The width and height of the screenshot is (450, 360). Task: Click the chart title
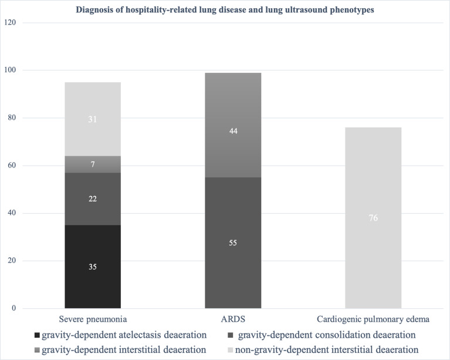[x=225, y=10]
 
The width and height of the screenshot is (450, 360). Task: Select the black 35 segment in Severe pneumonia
[x=93, y=267]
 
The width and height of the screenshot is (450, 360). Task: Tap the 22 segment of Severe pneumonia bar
[x=93, y=199]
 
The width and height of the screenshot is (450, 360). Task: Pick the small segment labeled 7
[x=93, y=164]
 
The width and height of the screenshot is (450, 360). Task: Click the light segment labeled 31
[x=93, y=119]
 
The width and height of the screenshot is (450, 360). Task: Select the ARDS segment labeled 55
[x=233, y=243]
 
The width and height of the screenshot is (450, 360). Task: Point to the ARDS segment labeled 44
[x=233, y=125]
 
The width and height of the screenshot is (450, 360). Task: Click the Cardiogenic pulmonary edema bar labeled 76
[x=373, y=218]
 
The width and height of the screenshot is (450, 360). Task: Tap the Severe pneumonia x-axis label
[x=93, y=319]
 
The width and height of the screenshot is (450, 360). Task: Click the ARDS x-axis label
[x=233, y=319]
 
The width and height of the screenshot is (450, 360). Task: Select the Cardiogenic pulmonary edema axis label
[x=373, y=319]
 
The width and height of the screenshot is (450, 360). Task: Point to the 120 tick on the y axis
[x=10, y=22]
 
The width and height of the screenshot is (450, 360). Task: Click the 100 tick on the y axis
[x=10, y=70]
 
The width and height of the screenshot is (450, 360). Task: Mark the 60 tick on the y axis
[x=12, y=165]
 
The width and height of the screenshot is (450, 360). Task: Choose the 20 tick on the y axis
[x=12, y=261]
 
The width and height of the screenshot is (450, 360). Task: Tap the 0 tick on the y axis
[x=13, y=308]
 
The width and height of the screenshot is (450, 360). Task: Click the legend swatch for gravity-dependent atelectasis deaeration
[x=37, y=335]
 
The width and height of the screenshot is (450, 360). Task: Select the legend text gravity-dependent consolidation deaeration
[x=327, y=335]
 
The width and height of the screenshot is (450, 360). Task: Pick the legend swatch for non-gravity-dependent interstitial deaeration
[x=230, y=350]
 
